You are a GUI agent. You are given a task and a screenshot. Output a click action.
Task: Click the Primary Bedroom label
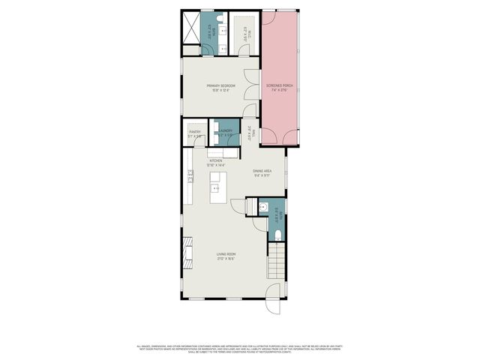tap(221, 88)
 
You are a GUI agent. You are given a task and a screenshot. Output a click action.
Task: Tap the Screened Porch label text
tap(278, 88)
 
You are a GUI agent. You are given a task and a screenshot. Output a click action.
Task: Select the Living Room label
tap(226, 257)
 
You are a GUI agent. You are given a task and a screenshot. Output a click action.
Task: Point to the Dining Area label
tap(262, 172)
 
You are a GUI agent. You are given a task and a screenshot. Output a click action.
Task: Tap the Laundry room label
tap(226, 133)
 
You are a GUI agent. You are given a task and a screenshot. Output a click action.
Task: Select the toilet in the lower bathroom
tap(277, 235)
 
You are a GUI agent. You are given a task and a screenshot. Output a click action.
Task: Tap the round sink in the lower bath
tap(263, 207)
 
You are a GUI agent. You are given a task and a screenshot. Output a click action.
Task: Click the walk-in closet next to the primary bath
tap(243, 33)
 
